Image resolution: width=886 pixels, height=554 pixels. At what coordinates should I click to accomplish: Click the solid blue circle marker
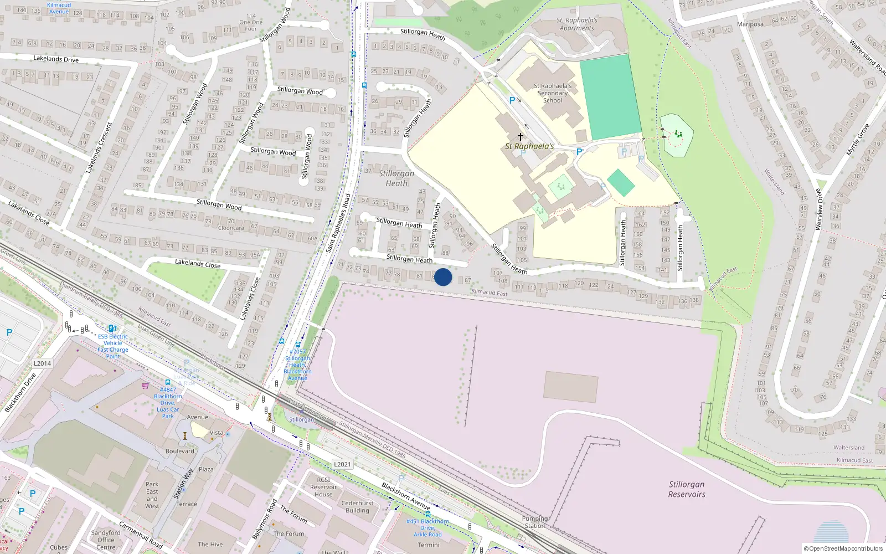click(x=443, y=277)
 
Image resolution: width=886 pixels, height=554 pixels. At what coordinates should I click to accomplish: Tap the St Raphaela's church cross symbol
click(x=521, y=136)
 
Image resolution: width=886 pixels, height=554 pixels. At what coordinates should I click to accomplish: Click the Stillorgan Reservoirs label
click(x=687, y=489)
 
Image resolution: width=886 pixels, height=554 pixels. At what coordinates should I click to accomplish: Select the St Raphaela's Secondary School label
click(x=553, y=93)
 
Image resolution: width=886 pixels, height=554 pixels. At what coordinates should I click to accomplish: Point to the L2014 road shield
click(x=42, y=363)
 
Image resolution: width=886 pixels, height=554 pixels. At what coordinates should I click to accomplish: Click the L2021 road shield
click(x=342, y=464)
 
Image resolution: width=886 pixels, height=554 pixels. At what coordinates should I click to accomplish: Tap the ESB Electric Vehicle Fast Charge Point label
click(x=113, y=346)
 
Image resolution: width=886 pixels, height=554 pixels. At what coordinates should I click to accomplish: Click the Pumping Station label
click(x=535, y=522)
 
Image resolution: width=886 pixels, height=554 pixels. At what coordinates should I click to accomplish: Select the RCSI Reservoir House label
click(x=323, y=487)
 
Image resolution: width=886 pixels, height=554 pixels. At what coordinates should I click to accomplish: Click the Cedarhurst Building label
click(x=357, y=507)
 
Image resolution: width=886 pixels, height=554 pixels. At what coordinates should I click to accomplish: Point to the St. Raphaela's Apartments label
click(x=576, y=24)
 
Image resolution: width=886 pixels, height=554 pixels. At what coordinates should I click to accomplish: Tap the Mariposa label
click(x=750, y=24)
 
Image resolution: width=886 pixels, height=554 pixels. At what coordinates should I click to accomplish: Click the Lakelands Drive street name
click(x=56, y=59)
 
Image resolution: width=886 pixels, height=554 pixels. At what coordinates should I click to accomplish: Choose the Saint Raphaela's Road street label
click(x=338, y=223)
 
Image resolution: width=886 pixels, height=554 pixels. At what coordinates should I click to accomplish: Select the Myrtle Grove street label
click(x=858, y=140)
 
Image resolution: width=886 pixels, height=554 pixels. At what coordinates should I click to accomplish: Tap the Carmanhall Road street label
click(x=141, y=535)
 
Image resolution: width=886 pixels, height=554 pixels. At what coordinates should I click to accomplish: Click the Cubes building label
click(x=59, y=547)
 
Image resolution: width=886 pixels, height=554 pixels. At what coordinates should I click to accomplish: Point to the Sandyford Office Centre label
click(x=106, y=540)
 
